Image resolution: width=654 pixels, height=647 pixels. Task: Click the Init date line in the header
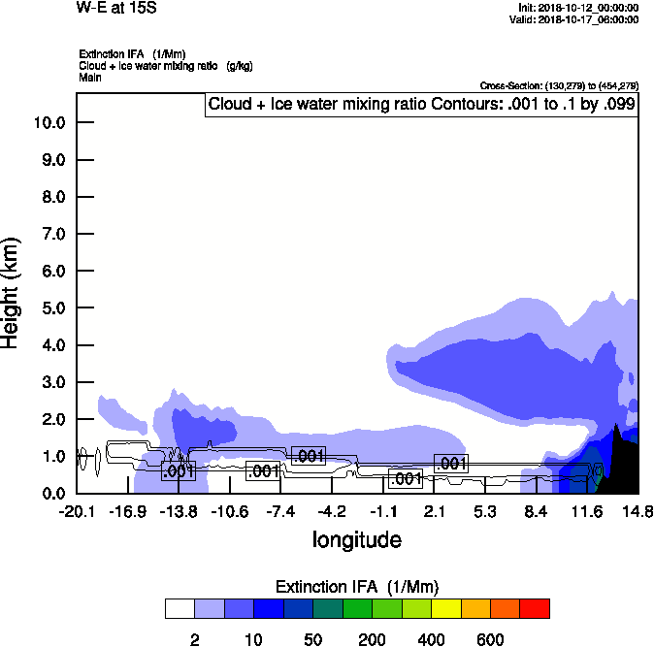pyautogui.click(x=579, y=8)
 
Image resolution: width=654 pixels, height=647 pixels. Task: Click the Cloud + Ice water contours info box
pyautogui.click(x=420, y=105)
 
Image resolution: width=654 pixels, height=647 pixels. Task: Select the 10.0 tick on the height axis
pyautogui.click(x=49, y=122)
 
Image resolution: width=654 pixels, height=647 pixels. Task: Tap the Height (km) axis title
pyautogui.click(x=12, y=292)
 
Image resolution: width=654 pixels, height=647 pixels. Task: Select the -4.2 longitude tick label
pyautogui.click(x=332, y=512)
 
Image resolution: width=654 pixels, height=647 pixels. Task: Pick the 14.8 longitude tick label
pyautogui.click(x=638, y=512)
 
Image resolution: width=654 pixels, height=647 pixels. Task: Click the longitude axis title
pyautogui.click(x=356, y=539)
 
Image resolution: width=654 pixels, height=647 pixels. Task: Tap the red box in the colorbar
pyautogui.click(x=535, y=608)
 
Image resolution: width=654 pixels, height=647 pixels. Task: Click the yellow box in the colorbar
pyautogui.click(x=445, y=608)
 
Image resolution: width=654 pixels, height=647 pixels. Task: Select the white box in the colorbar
pyautogui.click(x=180, y=608)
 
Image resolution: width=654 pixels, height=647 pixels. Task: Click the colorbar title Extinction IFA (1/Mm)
pyautogui.click(x=357, y=587)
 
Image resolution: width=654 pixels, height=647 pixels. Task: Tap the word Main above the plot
pyautogui.click(x=89, y=76)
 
